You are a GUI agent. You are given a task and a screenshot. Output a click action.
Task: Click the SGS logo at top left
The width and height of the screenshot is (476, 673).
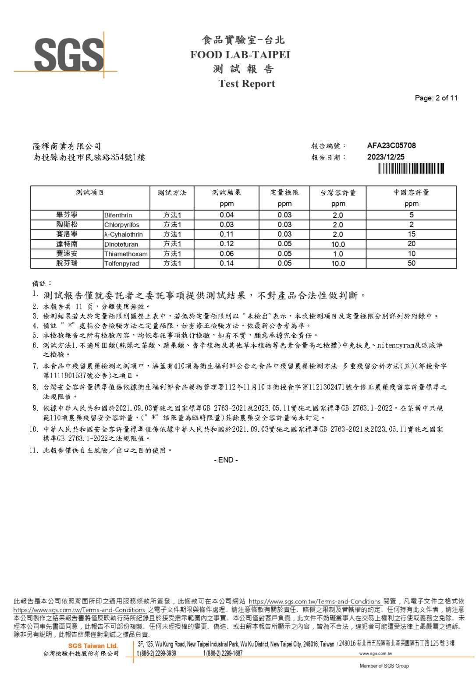[68, 54]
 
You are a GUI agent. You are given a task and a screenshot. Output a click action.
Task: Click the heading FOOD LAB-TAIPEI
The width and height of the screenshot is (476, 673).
[240, 55]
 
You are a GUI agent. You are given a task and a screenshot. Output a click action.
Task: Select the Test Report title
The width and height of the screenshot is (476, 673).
[247, 84]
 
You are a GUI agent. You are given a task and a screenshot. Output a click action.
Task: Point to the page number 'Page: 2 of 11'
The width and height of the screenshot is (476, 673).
[436, 98]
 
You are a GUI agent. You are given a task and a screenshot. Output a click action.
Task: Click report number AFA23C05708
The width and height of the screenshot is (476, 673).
[391, 145]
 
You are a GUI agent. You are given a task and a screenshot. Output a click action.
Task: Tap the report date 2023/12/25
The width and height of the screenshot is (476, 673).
[386, 157]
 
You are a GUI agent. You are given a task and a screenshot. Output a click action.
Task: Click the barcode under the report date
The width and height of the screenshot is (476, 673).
[411, 168]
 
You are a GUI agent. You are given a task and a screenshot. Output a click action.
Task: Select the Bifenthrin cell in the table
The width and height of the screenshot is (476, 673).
[118, 215]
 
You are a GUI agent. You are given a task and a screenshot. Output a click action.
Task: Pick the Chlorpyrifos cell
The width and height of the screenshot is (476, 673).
[122, 225]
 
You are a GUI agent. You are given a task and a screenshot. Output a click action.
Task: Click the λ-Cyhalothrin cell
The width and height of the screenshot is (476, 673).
[124, 234]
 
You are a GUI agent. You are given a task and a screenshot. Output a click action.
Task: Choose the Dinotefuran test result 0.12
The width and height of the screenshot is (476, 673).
[227, 244]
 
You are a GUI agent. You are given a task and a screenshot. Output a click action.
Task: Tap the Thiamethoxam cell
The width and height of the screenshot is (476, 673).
[126, 254]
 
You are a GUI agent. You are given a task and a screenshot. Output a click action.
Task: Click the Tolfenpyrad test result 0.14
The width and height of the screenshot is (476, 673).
[227, 263]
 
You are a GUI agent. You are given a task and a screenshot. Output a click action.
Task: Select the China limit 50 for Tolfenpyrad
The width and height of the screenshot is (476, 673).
[411, 263]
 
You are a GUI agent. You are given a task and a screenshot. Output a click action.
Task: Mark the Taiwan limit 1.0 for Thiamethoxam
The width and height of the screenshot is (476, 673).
[338, 254]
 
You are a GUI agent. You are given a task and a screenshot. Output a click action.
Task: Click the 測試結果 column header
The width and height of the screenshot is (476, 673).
[227, 192]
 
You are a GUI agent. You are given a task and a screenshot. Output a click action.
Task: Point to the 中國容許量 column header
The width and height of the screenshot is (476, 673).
[411, 192]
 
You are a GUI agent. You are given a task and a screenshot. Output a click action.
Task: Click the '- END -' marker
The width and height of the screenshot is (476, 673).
[226, 460]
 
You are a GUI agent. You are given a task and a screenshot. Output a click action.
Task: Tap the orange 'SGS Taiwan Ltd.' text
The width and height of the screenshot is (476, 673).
[93, 646]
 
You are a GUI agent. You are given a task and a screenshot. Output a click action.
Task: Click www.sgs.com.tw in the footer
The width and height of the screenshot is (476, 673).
[376, 653]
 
